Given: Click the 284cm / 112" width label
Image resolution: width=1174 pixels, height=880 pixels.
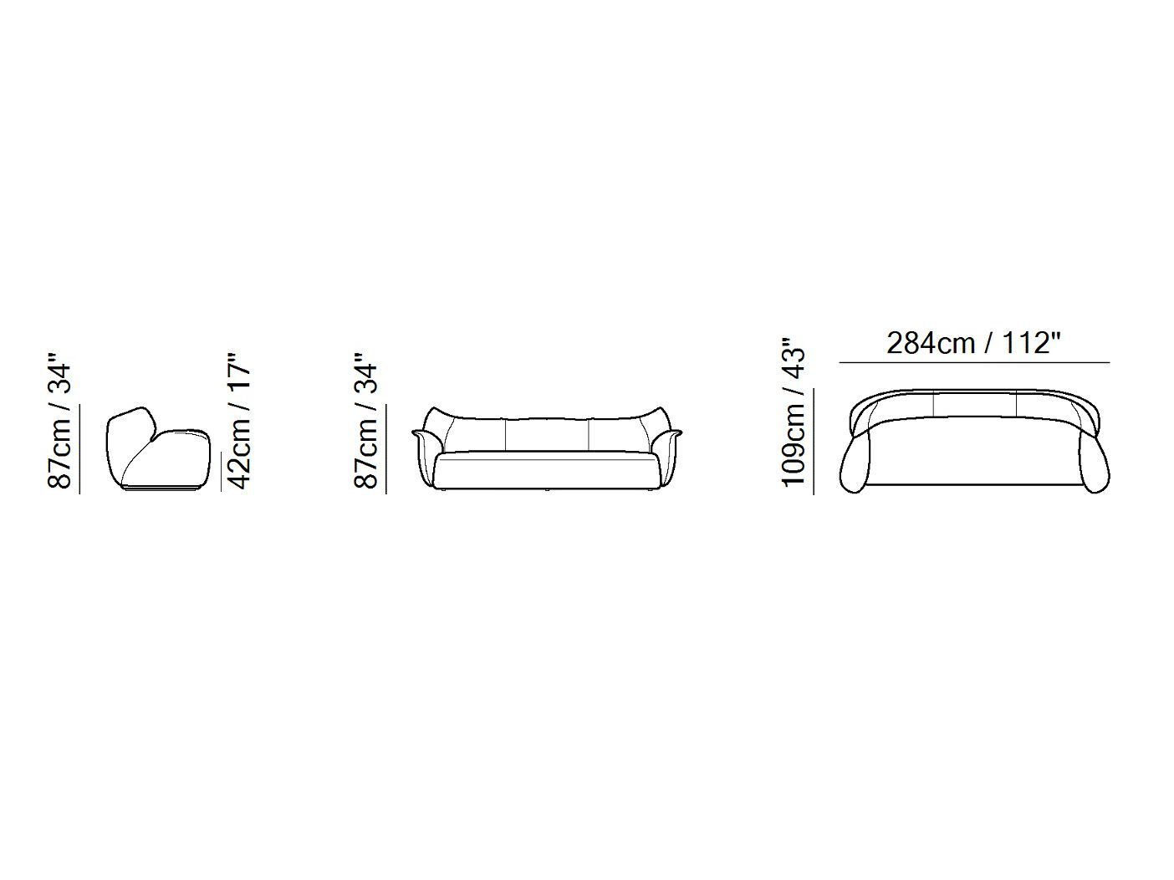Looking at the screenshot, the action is [x=972, y=343].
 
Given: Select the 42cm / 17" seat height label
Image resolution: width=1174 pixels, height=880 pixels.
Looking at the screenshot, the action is [x=238, y=421].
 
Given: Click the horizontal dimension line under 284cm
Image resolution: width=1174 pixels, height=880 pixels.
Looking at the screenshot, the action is [x=974, y=363].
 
